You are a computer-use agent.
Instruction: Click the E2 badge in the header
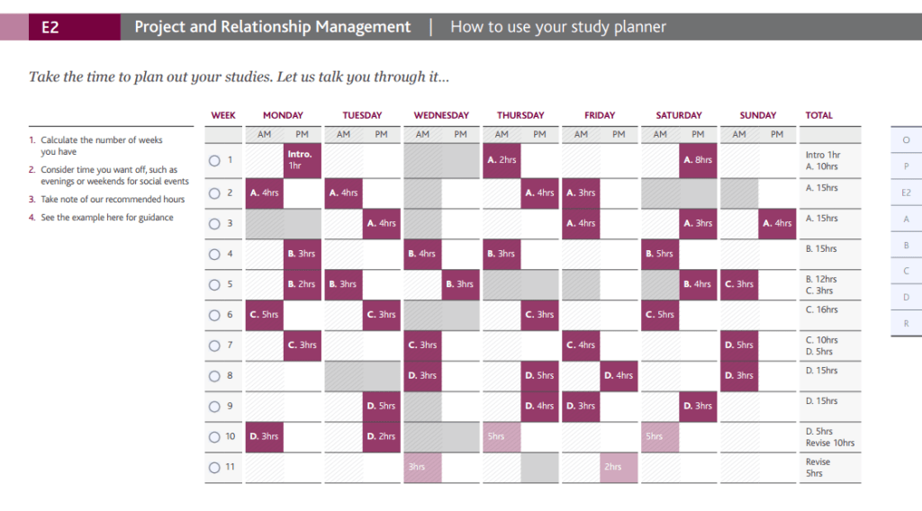50,27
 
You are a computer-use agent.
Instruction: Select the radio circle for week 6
214,315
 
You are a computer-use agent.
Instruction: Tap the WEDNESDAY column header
441,115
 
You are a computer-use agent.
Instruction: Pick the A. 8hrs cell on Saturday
699,160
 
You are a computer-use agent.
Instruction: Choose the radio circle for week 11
214,468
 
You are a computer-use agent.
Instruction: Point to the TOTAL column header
818,115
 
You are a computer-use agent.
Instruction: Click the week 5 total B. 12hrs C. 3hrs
821,285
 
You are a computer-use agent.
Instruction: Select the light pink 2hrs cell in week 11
619,468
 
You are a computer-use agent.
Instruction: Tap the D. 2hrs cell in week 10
382,437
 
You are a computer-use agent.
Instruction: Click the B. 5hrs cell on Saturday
659,254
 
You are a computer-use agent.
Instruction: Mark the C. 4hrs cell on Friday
581,345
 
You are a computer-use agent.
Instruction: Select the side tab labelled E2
906,193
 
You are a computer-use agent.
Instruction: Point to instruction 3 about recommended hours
112,200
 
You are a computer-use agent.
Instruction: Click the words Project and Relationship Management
272,27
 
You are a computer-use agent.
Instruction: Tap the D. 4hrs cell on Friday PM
619,376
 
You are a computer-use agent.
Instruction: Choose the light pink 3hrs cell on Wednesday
421,468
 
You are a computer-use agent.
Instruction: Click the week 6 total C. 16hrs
821,309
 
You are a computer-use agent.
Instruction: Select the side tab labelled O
906,140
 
